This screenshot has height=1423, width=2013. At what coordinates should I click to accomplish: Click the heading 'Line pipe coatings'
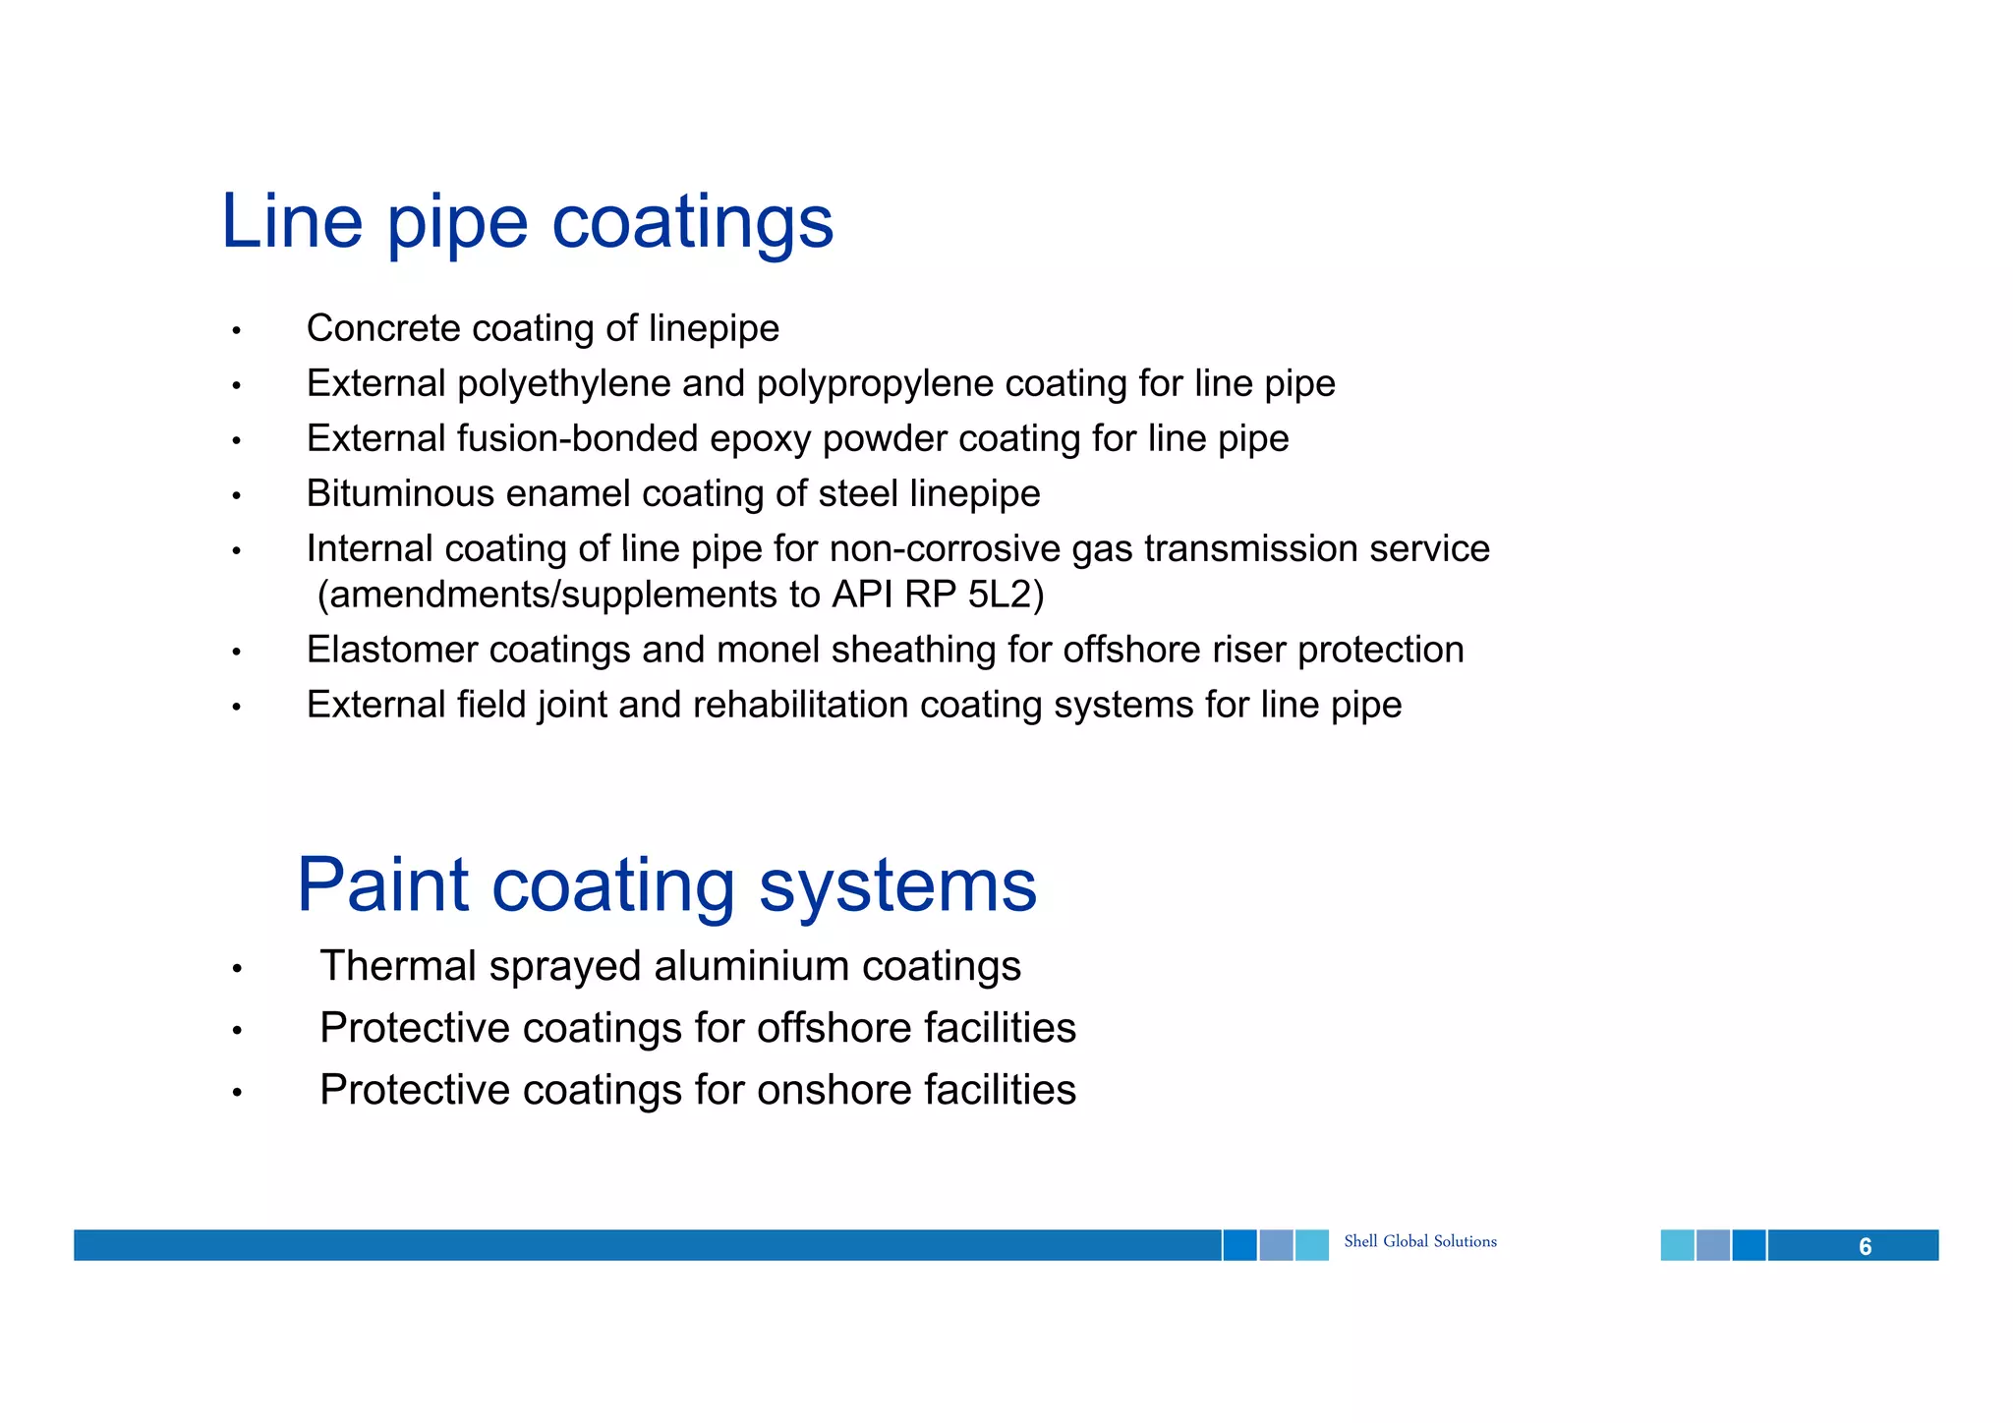point(527,222)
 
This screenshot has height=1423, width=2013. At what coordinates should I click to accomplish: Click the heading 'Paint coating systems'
point(666,884)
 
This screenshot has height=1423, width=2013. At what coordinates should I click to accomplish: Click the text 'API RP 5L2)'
point(937,595)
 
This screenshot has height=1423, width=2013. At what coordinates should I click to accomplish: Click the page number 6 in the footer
point(1865,1246)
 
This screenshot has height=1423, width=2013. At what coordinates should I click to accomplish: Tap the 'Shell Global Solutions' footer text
point(1419,1241)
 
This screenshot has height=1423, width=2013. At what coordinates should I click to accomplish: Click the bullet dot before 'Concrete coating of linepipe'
point(236,331)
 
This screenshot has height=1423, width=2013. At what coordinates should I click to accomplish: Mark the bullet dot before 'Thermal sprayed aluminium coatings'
point(236,969)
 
